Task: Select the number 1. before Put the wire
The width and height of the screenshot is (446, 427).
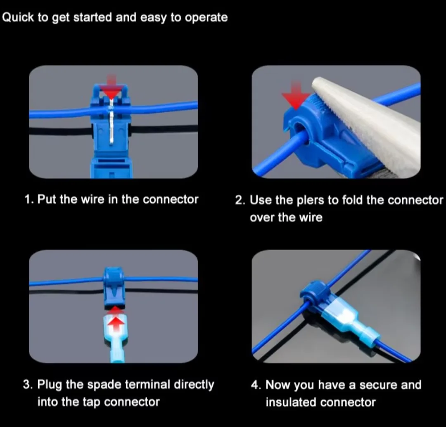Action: tap(29, 199)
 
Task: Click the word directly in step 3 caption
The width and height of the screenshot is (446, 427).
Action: tap(194, 384)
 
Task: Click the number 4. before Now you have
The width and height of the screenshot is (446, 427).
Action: tap(256, 384)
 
